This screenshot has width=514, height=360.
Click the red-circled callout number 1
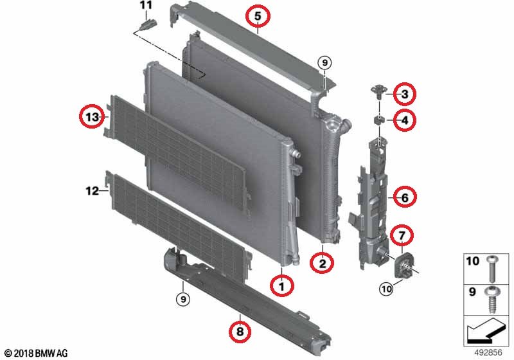(x=280, y=283)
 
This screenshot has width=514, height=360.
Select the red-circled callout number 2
(x=322, y=262)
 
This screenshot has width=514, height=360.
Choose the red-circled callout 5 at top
(x=257, y=15)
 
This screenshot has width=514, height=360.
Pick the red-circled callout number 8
(x=240, y=332)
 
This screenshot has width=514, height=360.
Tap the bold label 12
(x=92, y=190)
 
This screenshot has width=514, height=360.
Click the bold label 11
(x=146, y=6)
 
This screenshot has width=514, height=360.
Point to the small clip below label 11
(x=148, y=26)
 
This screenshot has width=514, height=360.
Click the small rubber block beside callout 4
(x=379, y=119)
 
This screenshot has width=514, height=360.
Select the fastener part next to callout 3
(x=378, y=92)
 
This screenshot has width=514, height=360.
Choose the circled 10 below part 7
(x=385, y=290)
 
